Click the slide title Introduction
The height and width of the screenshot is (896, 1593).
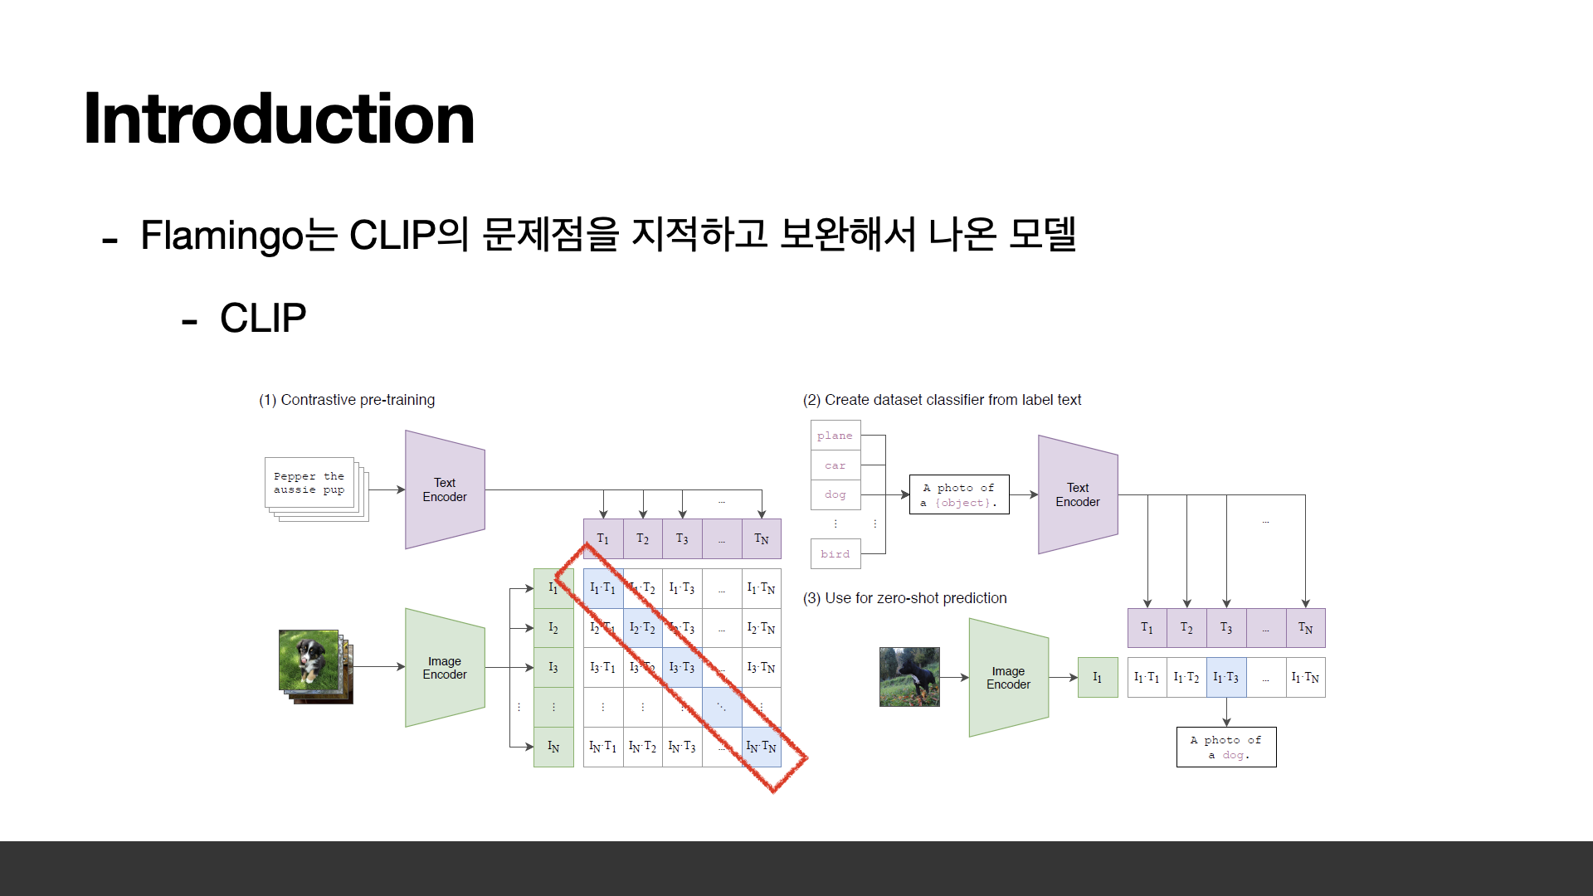pos(279,119)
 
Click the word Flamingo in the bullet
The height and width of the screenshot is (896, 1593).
pos(222,236)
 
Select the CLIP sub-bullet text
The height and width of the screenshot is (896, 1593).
pos(262,319)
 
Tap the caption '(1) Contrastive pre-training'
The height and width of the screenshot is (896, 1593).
pos(347,400)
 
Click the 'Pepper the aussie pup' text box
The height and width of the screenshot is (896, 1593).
pos(309,483)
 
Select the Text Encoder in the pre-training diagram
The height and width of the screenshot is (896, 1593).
pos(445,489)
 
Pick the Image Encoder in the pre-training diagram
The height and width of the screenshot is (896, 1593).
pos(445,668)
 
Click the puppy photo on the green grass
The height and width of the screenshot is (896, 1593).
pos(309,660)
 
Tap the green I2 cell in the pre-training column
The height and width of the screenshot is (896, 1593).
pos(553,628)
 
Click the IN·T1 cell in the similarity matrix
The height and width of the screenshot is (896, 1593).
pos(602,747)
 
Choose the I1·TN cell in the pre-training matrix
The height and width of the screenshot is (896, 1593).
pos(761,588)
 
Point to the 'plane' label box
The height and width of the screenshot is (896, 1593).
pos(835,436)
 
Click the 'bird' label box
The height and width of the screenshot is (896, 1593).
pos(835,554)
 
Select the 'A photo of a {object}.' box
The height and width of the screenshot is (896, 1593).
pos(959,494)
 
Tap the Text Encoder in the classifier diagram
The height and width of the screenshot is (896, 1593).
pos(1078,494)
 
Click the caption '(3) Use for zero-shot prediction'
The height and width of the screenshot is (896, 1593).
pos(904,598)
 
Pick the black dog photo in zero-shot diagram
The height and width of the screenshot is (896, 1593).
pos(909,677)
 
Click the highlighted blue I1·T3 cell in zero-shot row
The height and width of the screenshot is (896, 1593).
pos(1226,678)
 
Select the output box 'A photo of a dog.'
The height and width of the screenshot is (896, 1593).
pos(1226,747)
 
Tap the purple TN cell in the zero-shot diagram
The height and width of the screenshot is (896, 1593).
pos(1305,628)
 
